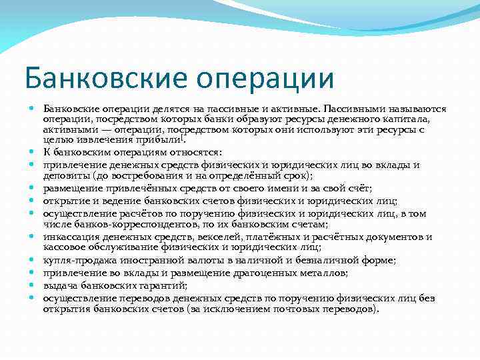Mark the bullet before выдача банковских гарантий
click(32, 285)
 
